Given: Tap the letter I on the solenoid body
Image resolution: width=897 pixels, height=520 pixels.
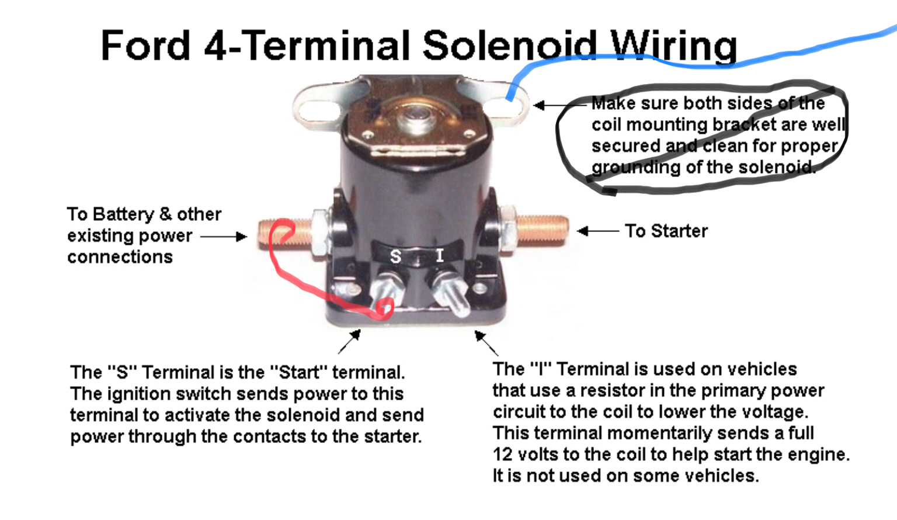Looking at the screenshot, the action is pyautogui.click(x=440, y=255).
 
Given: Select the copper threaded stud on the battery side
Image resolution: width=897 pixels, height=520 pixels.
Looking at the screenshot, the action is pyautogui.click(x=285, y=234).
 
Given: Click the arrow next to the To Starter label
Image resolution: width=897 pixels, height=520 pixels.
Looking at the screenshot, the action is pyautogui.click(x=598, y=231).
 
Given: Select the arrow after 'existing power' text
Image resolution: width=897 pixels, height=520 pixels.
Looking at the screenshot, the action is pyautogui.click(x=224, y=237).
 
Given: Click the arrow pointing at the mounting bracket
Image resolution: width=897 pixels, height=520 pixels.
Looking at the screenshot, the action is pyautogui.click(x=561, y=105).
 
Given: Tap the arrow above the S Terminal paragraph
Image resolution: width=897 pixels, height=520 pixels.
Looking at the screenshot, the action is pyautogui.click(x=349, y=342).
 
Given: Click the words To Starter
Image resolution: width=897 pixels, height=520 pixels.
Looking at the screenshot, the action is pyautogui.click(x=666, y=231).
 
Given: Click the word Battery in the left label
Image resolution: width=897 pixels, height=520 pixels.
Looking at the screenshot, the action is pyautogui.click(x=123, y=215).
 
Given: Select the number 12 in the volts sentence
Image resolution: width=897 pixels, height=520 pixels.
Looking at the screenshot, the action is pyautogui.click(x=503, y=455).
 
